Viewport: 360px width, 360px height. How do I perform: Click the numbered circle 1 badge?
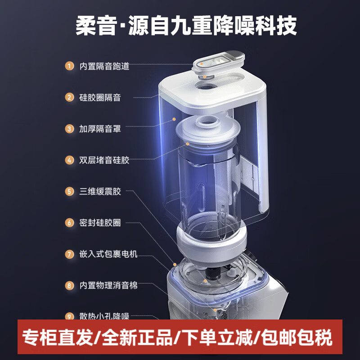(69, 66)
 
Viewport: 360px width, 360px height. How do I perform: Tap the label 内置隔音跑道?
(104, 66)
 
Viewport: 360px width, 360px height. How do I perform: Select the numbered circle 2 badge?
(69, 97)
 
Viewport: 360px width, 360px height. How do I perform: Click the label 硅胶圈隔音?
(100, 97)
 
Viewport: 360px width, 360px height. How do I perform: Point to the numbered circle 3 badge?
(69, 129)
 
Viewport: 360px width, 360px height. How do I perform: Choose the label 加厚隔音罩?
(100, 129)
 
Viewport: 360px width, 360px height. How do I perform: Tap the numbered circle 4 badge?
(69, 160)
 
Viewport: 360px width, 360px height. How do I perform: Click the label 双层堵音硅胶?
(104, 160)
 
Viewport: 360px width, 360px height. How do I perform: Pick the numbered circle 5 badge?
(69, 191)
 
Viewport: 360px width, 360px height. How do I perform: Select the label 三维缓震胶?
(100, 191)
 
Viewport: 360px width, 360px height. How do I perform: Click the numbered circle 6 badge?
(69, 223)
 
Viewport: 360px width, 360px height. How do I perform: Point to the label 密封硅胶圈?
(100, 223)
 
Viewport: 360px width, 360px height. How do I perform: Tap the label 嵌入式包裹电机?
(108, 254)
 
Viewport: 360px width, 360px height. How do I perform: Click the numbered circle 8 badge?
(69, 285)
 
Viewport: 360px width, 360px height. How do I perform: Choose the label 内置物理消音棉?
(108, 285)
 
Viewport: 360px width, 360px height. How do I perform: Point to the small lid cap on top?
(218, 62)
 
